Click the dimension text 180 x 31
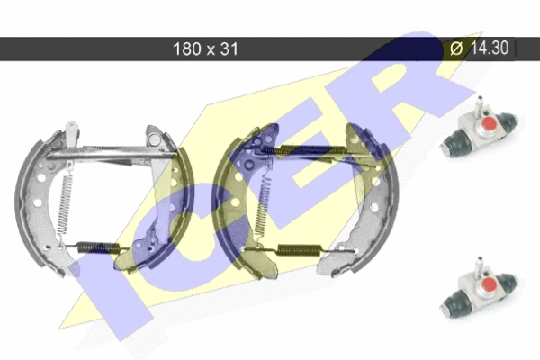[205, 49]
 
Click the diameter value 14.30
[490, 48]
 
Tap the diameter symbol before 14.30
[457, 49]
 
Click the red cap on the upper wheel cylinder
[489, 123]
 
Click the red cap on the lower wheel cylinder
[489, 283]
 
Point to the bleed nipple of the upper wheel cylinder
[479, 106]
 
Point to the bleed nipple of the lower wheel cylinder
[479, 266]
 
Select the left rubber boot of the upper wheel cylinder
[454, 142]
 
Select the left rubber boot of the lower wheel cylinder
[454, 302]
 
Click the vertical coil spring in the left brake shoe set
[65, 203]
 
